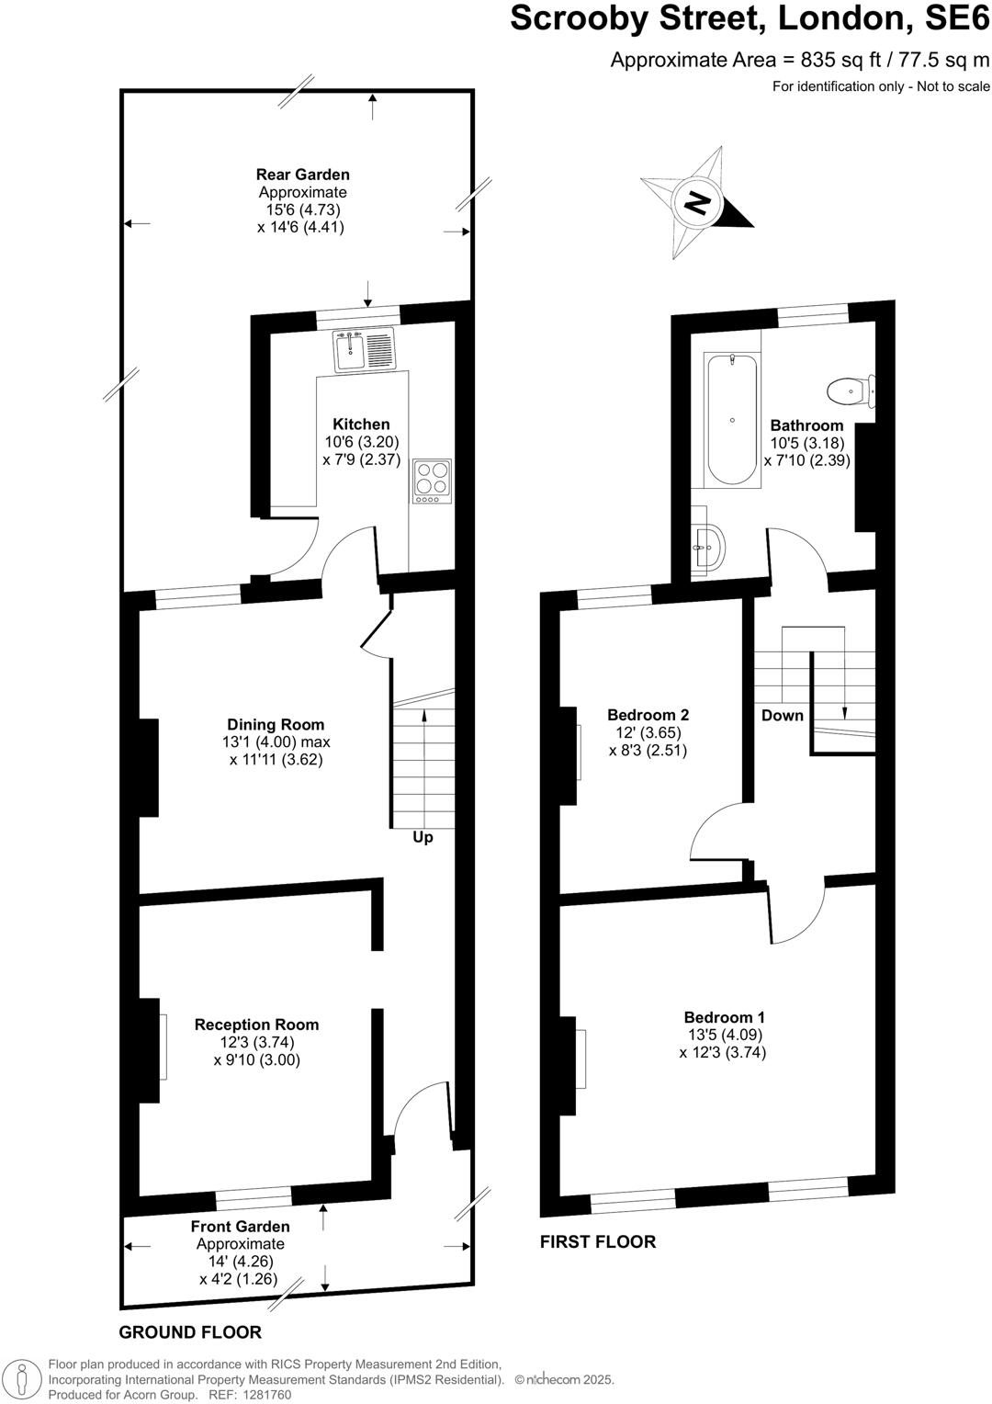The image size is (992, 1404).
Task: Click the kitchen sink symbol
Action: [x=364, y=349]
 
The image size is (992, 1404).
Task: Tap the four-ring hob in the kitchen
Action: [x=432, y=481]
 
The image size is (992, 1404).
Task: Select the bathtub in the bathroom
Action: [x=732, y=420]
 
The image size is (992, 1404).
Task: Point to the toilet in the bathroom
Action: [x=850, y=393]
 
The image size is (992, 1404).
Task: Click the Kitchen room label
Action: [x=361, y=425]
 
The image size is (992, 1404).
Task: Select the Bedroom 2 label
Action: [x=648, y=715]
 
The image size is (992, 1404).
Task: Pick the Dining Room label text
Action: [x=276, y=725]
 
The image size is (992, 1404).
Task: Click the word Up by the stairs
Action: [x=423, y=838]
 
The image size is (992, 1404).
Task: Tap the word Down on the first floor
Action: [x=782, y=716]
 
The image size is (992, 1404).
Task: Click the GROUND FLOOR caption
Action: [x=190, y=1332]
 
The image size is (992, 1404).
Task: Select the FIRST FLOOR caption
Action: [x=597, y=1242]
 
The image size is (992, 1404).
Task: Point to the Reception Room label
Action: [x=256, y=1025]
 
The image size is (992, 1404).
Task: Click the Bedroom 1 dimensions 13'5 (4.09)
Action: [x=723, y=1036]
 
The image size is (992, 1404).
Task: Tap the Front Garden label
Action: [x=240, y=1227]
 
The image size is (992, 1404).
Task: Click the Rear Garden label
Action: [x=302, y=175]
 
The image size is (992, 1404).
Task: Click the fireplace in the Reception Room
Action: [x=150, y=1050]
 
